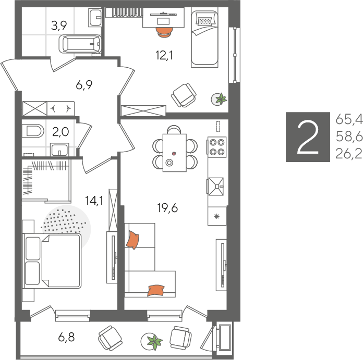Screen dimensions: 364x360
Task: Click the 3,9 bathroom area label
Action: point(59,26)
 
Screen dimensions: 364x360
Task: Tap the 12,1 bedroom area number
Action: point(164,55)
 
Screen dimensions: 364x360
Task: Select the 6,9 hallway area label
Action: point(84,85)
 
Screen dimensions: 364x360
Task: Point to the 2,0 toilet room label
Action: point(60,132)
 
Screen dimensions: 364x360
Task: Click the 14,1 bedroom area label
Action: point(94,201)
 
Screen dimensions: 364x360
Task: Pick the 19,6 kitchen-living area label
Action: point(167,208)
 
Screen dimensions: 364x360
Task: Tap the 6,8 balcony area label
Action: point(66,337)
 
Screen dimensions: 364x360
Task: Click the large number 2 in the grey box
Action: point(308,137)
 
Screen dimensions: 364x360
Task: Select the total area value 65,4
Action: point(349,120)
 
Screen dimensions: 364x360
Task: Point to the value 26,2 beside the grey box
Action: point(349,154)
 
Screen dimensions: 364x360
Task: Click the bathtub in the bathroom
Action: point(80,44)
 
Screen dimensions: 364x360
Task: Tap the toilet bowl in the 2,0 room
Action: point(33,131)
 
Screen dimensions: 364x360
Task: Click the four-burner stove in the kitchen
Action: point(216,147)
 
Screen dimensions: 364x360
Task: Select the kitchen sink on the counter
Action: point(216,187)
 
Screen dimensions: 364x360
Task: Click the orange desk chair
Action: point(165,32)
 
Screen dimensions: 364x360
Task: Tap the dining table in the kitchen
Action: point(175,153)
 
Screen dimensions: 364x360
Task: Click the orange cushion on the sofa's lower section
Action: point(156,290)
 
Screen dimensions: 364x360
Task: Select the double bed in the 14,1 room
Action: point(52,261)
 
